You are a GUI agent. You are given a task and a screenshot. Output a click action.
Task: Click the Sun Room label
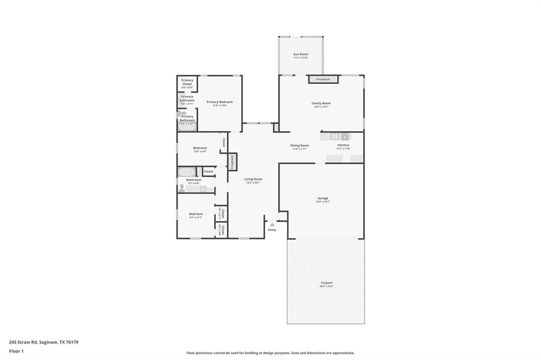pos(301,54)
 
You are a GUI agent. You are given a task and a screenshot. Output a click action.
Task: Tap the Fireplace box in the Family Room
pos(323,79)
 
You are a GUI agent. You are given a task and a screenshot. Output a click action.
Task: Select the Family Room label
pos(321,103)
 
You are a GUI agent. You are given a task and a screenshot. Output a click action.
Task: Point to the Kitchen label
pos(343,145)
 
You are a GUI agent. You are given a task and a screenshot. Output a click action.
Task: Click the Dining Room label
pos(300,146)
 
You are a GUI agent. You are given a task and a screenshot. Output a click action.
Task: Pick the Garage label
pos(323,198)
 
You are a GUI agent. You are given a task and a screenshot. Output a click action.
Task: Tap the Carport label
pos(326,283)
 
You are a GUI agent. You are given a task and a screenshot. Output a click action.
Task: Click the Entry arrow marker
pos(272,224)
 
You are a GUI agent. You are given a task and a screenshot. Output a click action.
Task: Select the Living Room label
pos(253,179)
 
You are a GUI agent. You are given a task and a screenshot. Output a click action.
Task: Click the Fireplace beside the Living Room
pos(232,162)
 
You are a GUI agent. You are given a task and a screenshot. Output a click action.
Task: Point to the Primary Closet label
pos(187,82)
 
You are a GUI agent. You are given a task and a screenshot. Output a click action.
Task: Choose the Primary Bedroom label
pos(219,102)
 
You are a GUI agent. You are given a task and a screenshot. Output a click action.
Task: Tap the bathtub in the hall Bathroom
pos(186,172)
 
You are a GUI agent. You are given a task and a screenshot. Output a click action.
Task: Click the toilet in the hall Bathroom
pos(182,188)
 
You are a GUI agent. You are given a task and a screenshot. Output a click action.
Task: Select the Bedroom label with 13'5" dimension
pos(200,148)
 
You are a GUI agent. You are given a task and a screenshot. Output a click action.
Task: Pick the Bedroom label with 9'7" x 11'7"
pos(196,214)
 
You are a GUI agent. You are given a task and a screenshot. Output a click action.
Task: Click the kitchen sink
pos(335,136)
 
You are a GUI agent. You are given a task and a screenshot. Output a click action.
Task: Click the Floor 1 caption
pos(16,351)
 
